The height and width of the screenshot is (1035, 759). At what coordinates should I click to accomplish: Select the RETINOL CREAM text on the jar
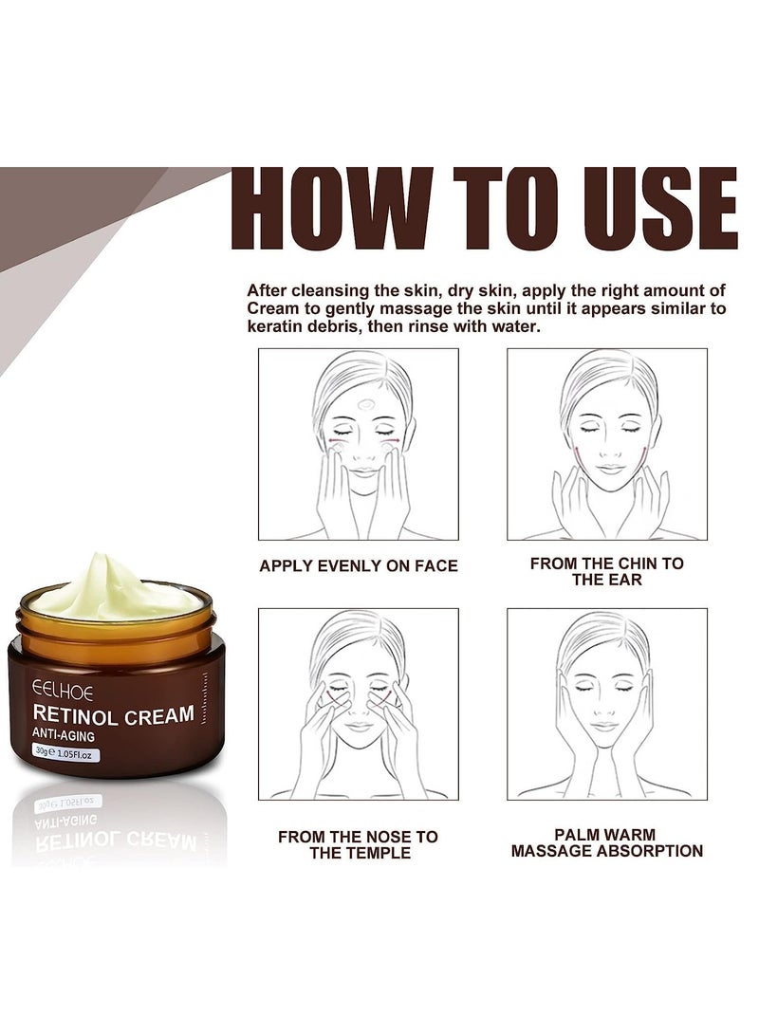point(114,714)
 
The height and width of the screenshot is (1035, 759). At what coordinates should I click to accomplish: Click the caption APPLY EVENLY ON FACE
point(359,566)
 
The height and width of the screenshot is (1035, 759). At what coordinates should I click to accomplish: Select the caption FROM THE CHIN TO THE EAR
point(606,571)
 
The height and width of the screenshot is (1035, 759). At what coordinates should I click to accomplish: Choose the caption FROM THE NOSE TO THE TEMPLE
point(359,844)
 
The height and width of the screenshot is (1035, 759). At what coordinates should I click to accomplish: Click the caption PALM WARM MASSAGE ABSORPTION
point(606,842)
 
